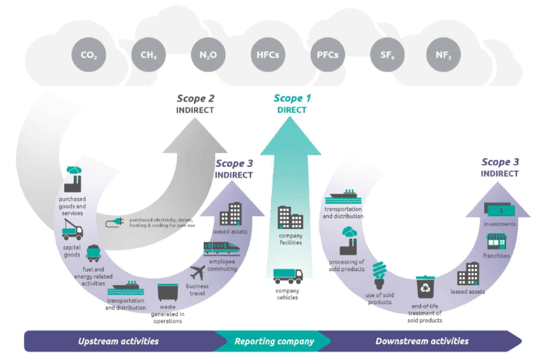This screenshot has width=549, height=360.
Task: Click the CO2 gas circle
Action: (88, 55)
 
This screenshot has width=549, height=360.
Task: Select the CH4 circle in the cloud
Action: (149, 55)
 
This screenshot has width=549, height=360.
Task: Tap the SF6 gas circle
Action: (387, 55)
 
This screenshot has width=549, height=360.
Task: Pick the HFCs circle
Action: (268, 55)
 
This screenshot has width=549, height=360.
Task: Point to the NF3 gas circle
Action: (443, 55)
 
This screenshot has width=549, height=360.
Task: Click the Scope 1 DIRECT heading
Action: (292, 104)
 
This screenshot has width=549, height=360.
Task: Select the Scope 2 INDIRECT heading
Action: (195, 104)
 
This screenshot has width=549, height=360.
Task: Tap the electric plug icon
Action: (115, 223)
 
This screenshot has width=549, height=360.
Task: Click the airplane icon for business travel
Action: (198, 273)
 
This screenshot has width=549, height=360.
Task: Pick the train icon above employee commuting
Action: (221, 248)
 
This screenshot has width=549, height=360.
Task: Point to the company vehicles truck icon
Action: (288, 276)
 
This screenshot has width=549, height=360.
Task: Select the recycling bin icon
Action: (425, 287)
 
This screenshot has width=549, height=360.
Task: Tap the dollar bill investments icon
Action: (500, 210)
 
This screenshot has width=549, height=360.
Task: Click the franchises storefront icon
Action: (496, 242)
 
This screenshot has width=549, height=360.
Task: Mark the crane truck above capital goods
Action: (72, 230)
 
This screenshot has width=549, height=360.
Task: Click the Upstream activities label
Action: (118, 341)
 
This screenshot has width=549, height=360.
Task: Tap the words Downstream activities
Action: (422, 341)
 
